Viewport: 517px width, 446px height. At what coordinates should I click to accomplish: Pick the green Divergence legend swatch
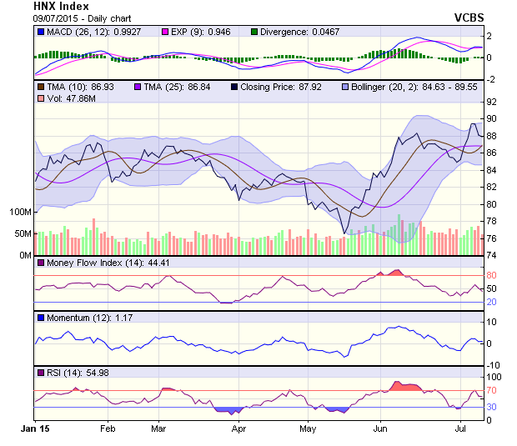pos(254,32)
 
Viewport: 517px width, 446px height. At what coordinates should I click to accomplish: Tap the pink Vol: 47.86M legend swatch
pos(40,98)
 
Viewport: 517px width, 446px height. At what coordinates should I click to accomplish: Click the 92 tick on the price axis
pos(492,101)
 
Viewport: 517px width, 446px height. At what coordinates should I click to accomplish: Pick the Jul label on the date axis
pos(459,428)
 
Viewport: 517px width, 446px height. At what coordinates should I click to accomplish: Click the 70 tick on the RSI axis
pos(492,390)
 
